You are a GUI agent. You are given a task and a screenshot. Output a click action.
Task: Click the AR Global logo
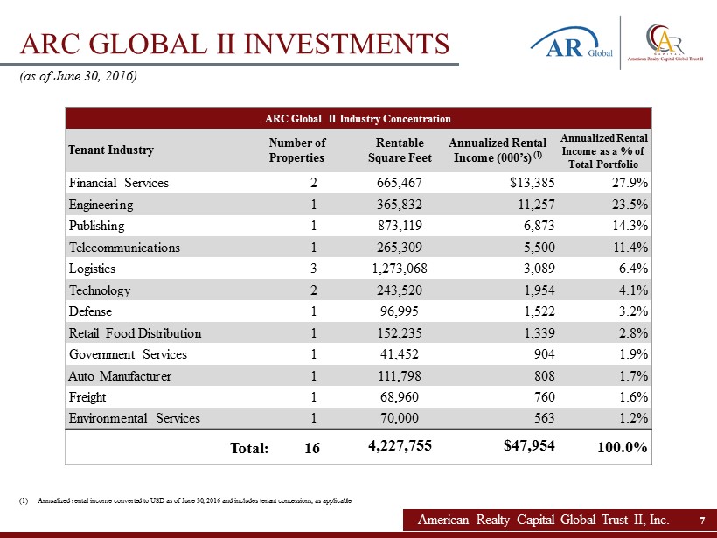[572, 43]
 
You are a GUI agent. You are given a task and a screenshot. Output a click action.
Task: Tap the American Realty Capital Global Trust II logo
[665, 43]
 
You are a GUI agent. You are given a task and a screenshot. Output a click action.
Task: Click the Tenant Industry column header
[111, 150]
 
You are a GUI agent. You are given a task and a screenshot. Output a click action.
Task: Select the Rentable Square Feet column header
[400, 150]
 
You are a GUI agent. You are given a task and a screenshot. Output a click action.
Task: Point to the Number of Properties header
[296, 150]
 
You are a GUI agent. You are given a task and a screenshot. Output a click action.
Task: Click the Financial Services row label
[118, 183]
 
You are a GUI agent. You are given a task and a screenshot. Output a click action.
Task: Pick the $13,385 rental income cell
[532, 183]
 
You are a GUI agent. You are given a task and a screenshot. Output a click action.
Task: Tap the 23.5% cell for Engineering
[630, 205]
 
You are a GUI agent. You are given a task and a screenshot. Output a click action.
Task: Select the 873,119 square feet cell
[400, 226]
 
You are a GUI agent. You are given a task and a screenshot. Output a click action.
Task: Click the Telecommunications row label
[124, 248]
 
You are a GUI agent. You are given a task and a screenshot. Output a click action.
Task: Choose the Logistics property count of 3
[313, 269]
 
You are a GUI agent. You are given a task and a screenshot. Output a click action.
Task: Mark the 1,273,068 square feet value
[400, 269]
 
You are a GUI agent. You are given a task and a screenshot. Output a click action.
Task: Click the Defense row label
[90, 311]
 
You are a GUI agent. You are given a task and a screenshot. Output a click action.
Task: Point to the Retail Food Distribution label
[135, 333]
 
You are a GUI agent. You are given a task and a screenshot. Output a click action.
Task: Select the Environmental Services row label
[135, 418]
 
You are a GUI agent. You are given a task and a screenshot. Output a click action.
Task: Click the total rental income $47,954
[529, 445]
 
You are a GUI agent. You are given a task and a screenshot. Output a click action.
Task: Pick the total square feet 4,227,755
[400, 445]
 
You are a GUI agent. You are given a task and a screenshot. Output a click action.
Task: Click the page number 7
[702, 521]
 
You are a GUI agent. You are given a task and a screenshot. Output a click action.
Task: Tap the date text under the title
[78, 76]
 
